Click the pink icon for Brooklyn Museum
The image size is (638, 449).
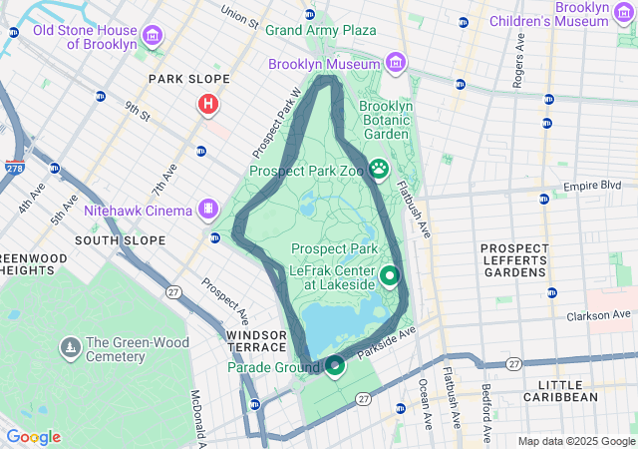coord(396,64)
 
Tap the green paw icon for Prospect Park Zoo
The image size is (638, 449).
coord(379,170)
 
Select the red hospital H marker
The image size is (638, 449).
coord(208,104)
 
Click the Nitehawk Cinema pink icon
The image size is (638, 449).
coord(207,210)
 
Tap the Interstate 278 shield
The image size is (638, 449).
coord(15,168)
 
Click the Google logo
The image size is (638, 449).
coord(33,437)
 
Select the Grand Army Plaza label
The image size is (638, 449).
coord(320,30)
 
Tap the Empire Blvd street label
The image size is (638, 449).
coord(592,186)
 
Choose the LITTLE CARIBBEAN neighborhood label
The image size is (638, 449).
coord(568,390)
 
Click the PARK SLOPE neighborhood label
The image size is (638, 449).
coord(188,79)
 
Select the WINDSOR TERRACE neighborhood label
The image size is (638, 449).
coord(256,340)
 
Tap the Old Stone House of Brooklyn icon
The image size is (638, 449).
coord(153,37)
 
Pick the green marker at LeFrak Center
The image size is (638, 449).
coord(389,276)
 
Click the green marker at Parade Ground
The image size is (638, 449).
coord(335,366)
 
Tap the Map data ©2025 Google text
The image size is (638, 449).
coord(576,441)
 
